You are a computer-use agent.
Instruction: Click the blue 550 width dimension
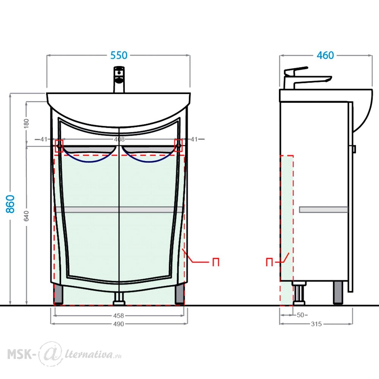click(x=119, y=55)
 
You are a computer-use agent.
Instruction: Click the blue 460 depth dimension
click(x=325, y=55)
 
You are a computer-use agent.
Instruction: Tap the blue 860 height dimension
click(x=10, y=204)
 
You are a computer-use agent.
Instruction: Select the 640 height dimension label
click(x=27, y=216)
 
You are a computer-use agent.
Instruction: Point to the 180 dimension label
click(x=27, y=123)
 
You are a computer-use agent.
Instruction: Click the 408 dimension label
click(x=119, y=139)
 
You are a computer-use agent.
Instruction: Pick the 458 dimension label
click(x=118, y=316)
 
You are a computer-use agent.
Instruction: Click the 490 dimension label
click(x=118, y=324)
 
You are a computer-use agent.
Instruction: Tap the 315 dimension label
click(x=316, y=324)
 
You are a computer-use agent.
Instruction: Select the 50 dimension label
click(x=300, y=315)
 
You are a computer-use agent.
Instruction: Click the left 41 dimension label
click(x=44, y=139)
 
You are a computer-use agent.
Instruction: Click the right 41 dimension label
click(x=194, y=139)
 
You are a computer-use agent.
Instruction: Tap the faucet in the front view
click(x=119, y=80)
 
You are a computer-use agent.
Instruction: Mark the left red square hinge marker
click(x=59, y=146)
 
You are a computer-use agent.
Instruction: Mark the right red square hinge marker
click(x=179, y=146)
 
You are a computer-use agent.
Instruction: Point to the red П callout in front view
click(x=216, y=262)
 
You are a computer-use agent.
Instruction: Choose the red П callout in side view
click(x=269, y=262)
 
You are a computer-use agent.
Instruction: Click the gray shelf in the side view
click(x=323, y=210)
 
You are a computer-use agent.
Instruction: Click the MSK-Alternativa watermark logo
click(x=64, y=354)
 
